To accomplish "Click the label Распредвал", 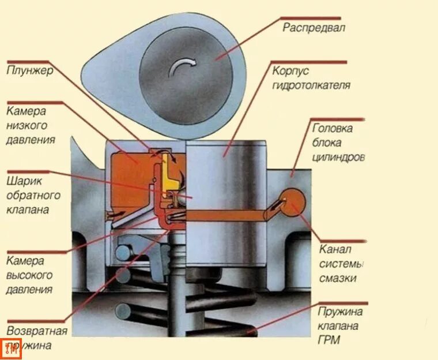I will coord(314,27).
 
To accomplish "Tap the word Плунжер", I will coord(30,71).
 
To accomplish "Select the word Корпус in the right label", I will coord(292,72).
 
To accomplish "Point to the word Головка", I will coord(333,128).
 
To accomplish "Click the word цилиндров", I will coord(338,156).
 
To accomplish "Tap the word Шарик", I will coord(24,180).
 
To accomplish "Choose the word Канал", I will coord(335,249).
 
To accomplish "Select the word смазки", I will coord(337,277).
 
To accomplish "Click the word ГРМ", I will coord(329,340).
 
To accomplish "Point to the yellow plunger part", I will coord(167,173).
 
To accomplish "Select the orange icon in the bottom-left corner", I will coord(10,348).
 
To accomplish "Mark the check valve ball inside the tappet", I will coord(183,197).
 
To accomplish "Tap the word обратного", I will coord(33,194).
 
